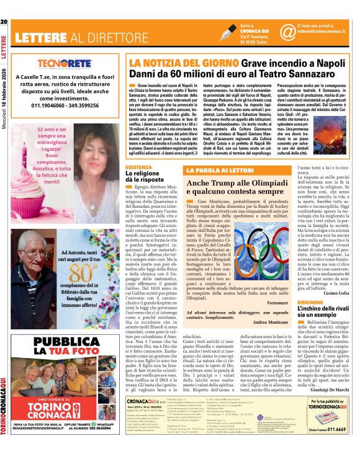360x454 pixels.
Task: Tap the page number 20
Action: [x=4, y=23]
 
